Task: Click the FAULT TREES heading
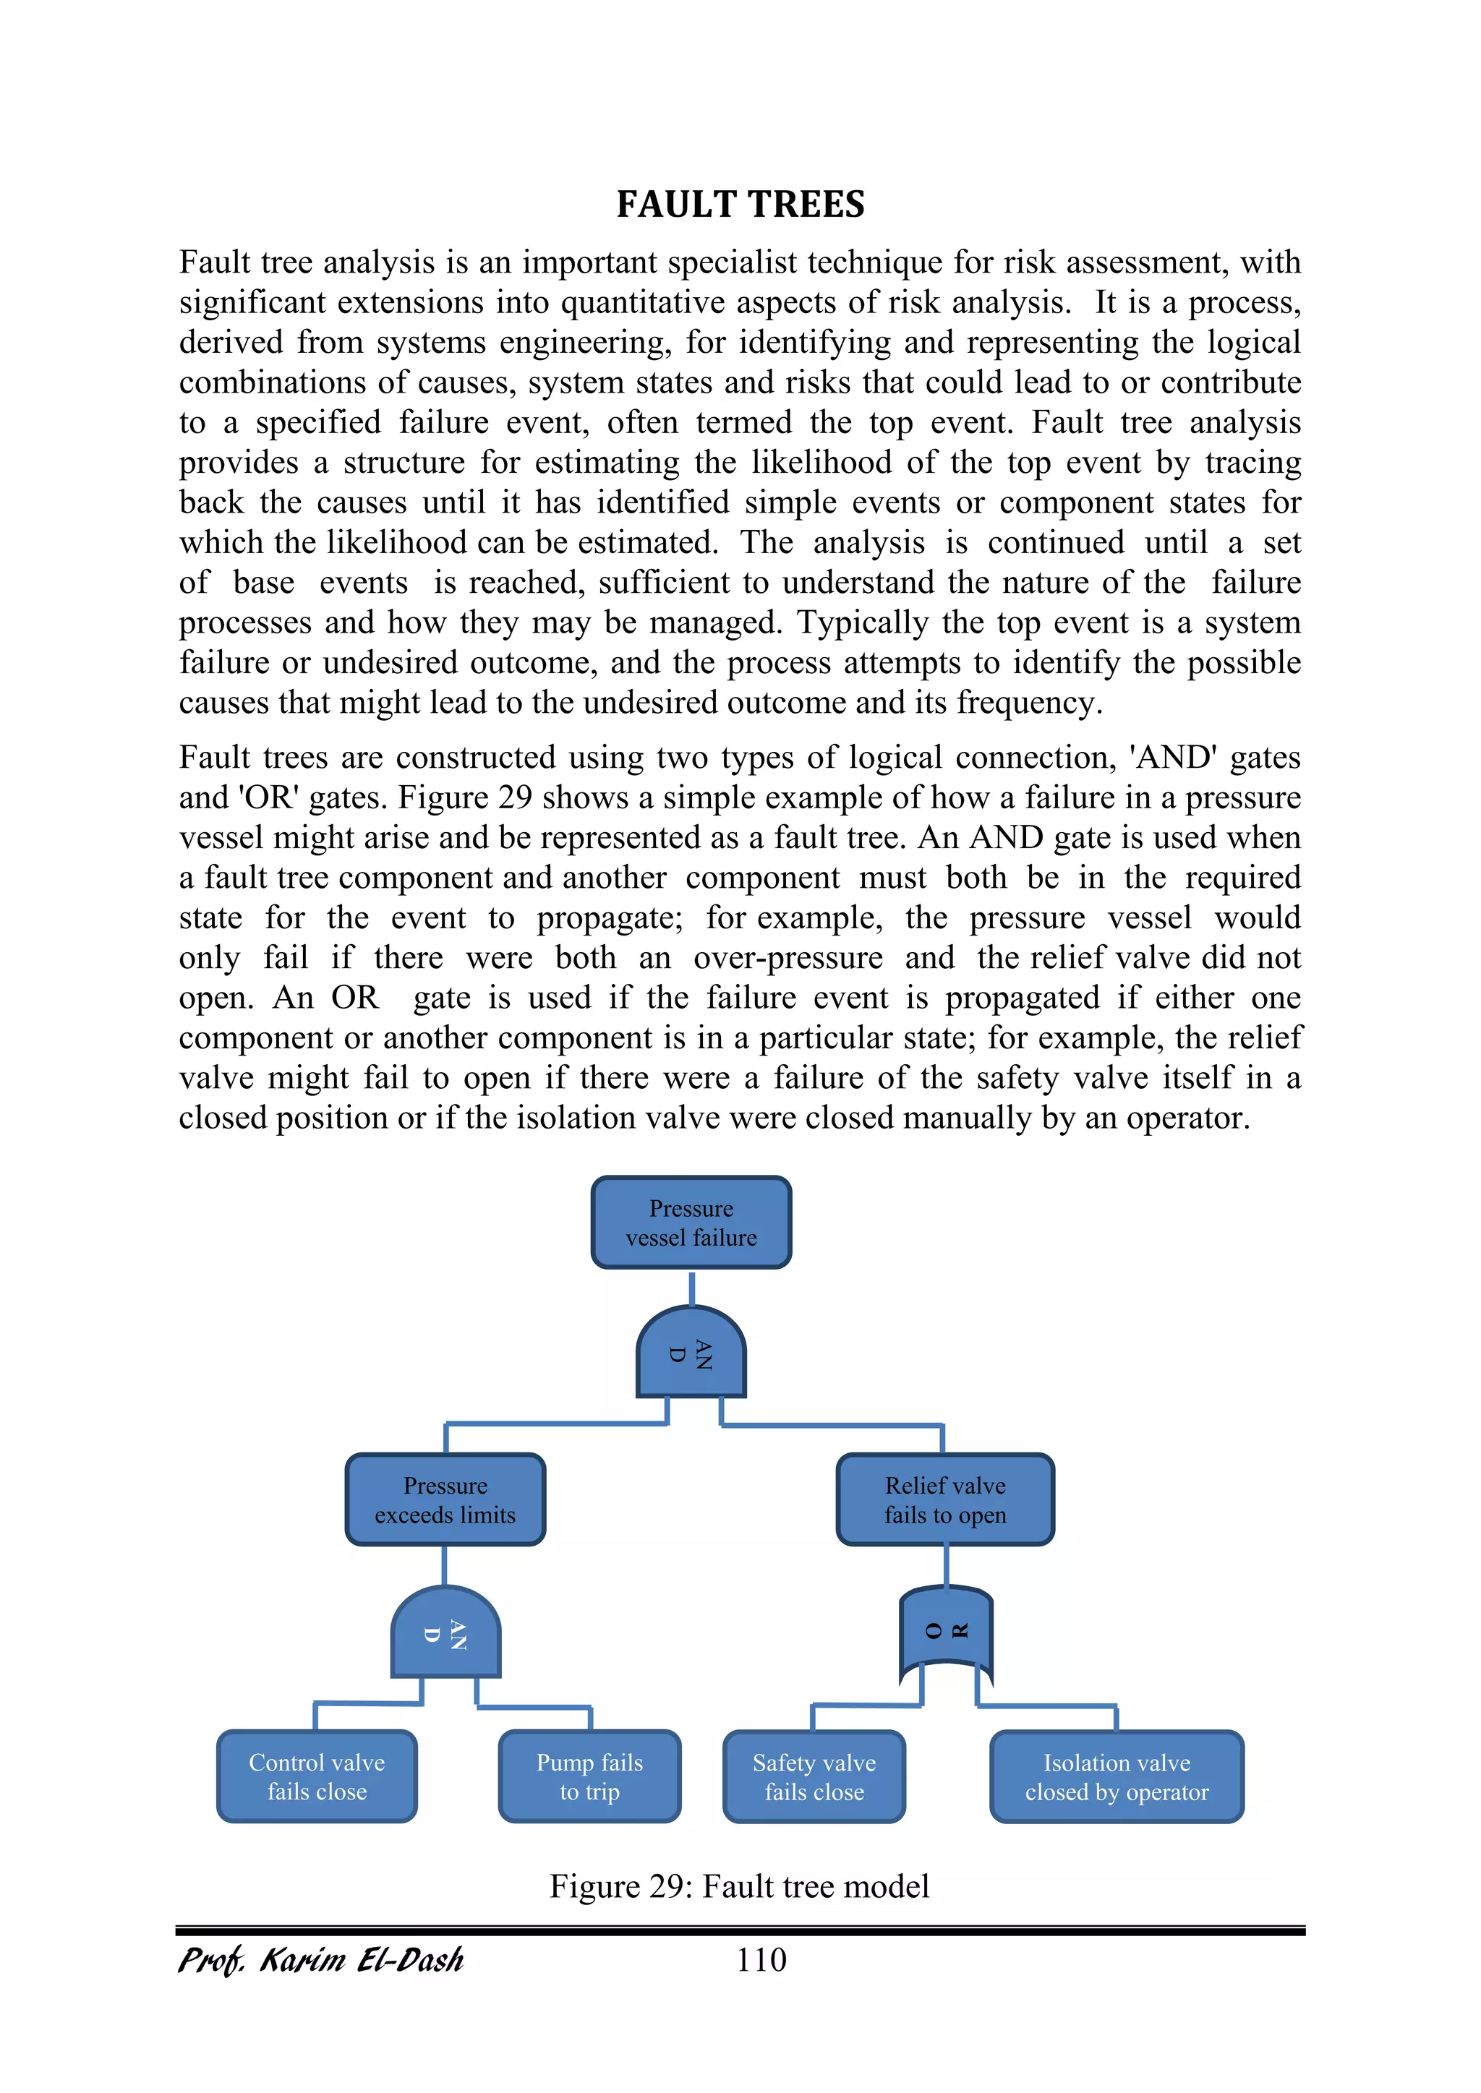(740, 204)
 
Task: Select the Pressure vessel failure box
(691, 1223)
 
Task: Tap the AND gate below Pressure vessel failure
(691, 1353)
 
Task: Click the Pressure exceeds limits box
(445, 1499)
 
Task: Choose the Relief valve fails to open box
(944, 1499)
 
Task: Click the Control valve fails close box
(317, 1776)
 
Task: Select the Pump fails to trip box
(589, 1776)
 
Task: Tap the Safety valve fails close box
(814, 1776)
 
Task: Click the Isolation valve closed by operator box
(1117, 1776)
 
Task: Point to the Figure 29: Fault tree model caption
(738, 1886)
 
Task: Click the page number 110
(761, 1960)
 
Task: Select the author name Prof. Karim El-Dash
(321, 1960)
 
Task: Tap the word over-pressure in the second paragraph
(788, 958)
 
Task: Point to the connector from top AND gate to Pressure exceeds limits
(556, 1424)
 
